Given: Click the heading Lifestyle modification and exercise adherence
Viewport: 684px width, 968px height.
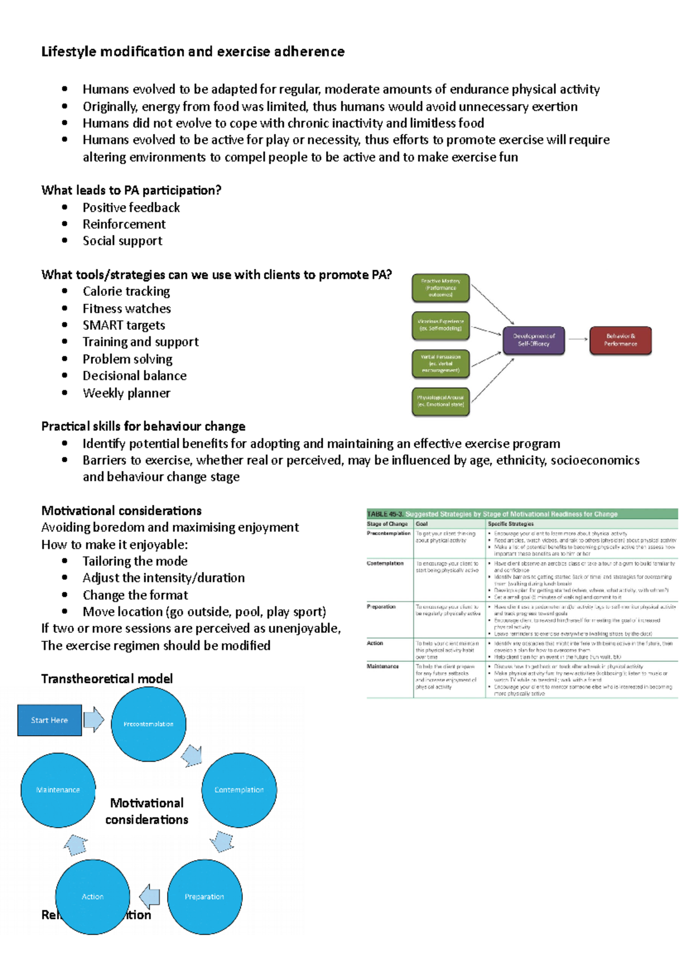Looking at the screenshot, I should tap(193, 52).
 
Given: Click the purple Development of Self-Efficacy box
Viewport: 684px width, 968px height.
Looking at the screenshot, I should tap(534, 340).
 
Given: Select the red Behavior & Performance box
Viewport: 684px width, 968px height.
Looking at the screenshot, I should tap(620, 340).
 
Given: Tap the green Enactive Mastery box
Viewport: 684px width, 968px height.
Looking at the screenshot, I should tap(441, 288).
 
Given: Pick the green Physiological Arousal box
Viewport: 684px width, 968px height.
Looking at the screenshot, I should tap(441, 401).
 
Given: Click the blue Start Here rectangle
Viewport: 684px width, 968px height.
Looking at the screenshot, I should tap(50, 720).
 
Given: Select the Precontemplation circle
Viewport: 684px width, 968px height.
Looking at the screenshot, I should tap(148, 724).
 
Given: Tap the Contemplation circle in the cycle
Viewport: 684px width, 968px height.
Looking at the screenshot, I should tap(239, 790).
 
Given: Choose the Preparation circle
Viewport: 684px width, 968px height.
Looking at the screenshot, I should tap(204, 897).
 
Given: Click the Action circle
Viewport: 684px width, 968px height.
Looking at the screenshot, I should tap(92, 897).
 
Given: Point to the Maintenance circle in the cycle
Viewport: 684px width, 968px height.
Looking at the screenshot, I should tap(58, 790).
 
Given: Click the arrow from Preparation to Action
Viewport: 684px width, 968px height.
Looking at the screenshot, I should tap(149, 897).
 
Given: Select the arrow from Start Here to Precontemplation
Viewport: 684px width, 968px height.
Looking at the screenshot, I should tap(93, 719).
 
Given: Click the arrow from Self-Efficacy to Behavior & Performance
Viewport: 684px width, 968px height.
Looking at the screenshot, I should tap(577, 340).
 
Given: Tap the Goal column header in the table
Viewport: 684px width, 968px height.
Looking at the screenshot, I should tap(422, 524).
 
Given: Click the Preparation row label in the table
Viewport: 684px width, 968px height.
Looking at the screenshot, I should tap(381, 607).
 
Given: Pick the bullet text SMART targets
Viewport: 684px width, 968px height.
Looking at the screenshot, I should tap(124, 326).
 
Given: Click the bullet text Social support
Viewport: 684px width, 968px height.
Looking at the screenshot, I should tap(122, 241).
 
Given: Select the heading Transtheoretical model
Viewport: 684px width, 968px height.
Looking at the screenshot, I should tap(107, 678).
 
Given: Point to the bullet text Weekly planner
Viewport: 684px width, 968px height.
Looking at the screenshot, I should tap(126, 393).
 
